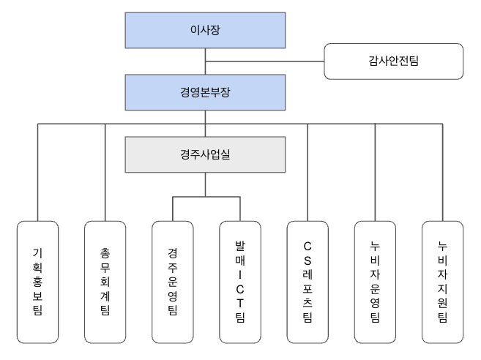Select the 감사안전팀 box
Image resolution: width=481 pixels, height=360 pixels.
tap(394, 61)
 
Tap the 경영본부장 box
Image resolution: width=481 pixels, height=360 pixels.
tap(205, 92)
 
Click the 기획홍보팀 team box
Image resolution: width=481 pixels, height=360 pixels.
tap(37, 281)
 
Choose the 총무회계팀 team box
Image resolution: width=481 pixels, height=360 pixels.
tap(105, 281)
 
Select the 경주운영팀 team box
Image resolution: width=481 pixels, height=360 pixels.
tap(172, 281)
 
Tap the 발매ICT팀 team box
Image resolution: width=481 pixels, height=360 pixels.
tap(239, 281)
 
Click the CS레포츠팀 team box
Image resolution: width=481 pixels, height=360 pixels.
tap(307, 281)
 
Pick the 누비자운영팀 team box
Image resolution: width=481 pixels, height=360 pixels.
tap(375, 281)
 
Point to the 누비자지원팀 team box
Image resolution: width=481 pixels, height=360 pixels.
tap(442, 281)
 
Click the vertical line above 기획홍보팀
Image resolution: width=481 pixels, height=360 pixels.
tap(37, 172)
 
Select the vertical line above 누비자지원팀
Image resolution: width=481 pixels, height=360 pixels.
tap(442, 172)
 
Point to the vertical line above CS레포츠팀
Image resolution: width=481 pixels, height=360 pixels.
tap(307, 172)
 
